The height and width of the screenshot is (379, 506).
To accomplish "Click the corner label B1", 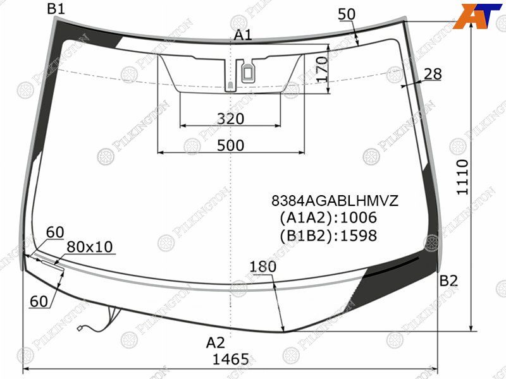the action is (x=56, y=9).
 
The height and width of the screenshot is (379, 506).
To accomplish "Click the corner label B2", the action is (x=448, y=281).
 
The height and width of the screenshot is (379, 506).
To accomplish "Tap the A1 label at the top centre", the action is (x=243, y=35).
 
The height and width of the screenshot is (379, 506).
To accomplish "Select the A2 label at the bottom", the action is (x=215, y=342).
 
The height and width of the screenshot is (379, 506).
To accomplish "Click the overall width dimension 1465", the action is (x=231, y=359).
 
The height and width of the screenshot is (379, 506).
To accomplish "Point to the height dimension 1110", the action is (x=462, y=177).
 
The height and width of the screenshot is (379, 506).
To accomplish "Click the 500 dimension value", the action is (x=230, y=145).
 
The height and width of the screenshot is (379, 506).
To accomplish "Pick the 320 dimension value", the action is (x=230, y=119).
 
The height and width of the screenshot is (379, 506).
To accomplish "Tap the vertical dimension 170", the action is (x=322, y=69).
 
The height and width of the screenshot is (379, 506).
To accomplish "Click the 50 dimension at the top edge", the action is (x=347, y=14).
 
